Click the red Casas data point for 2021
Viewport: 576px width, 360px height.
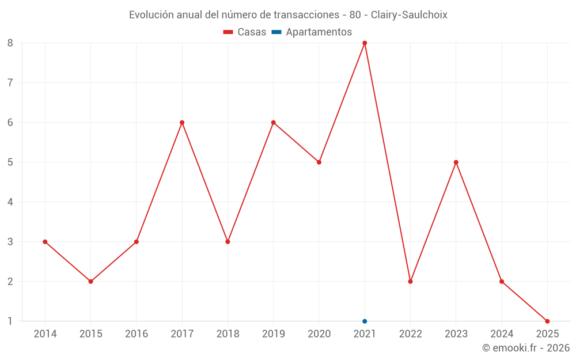click(365, 43)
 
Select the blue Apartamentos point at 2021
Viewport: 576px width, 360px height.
click(365, 321)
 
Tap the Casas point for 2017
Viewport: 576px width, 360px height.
click(182, 122)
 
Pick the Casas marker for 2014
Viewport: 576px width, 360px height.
click(45, 241)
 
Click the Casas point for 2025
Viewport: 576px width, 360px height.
click(547, 321)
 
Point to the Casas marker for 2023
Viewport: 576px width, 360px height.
click(456, 162)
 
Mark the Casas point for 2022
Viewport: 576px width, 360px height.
click(410, 281)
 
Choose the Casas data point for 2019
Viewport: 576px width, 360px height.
click(273, 122)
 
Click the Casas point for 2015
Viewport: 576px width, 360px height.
click(90, 281)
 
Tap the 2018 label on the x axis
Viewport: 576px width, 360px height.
click(228, 334)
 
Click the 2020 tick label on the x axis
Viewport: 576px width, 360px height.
click(319, 334)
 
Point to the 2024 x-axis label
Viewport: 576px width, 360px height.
click(502, 334)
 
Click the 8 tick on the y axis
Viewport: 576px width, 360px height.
click(10, 43)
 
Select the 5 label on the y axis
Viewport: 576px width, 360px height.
click(10, 162)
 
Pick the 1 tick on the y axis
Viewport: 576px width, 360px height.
click(10, 321)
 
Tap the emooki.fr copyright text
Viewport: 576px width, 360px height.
click(525, 348)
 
